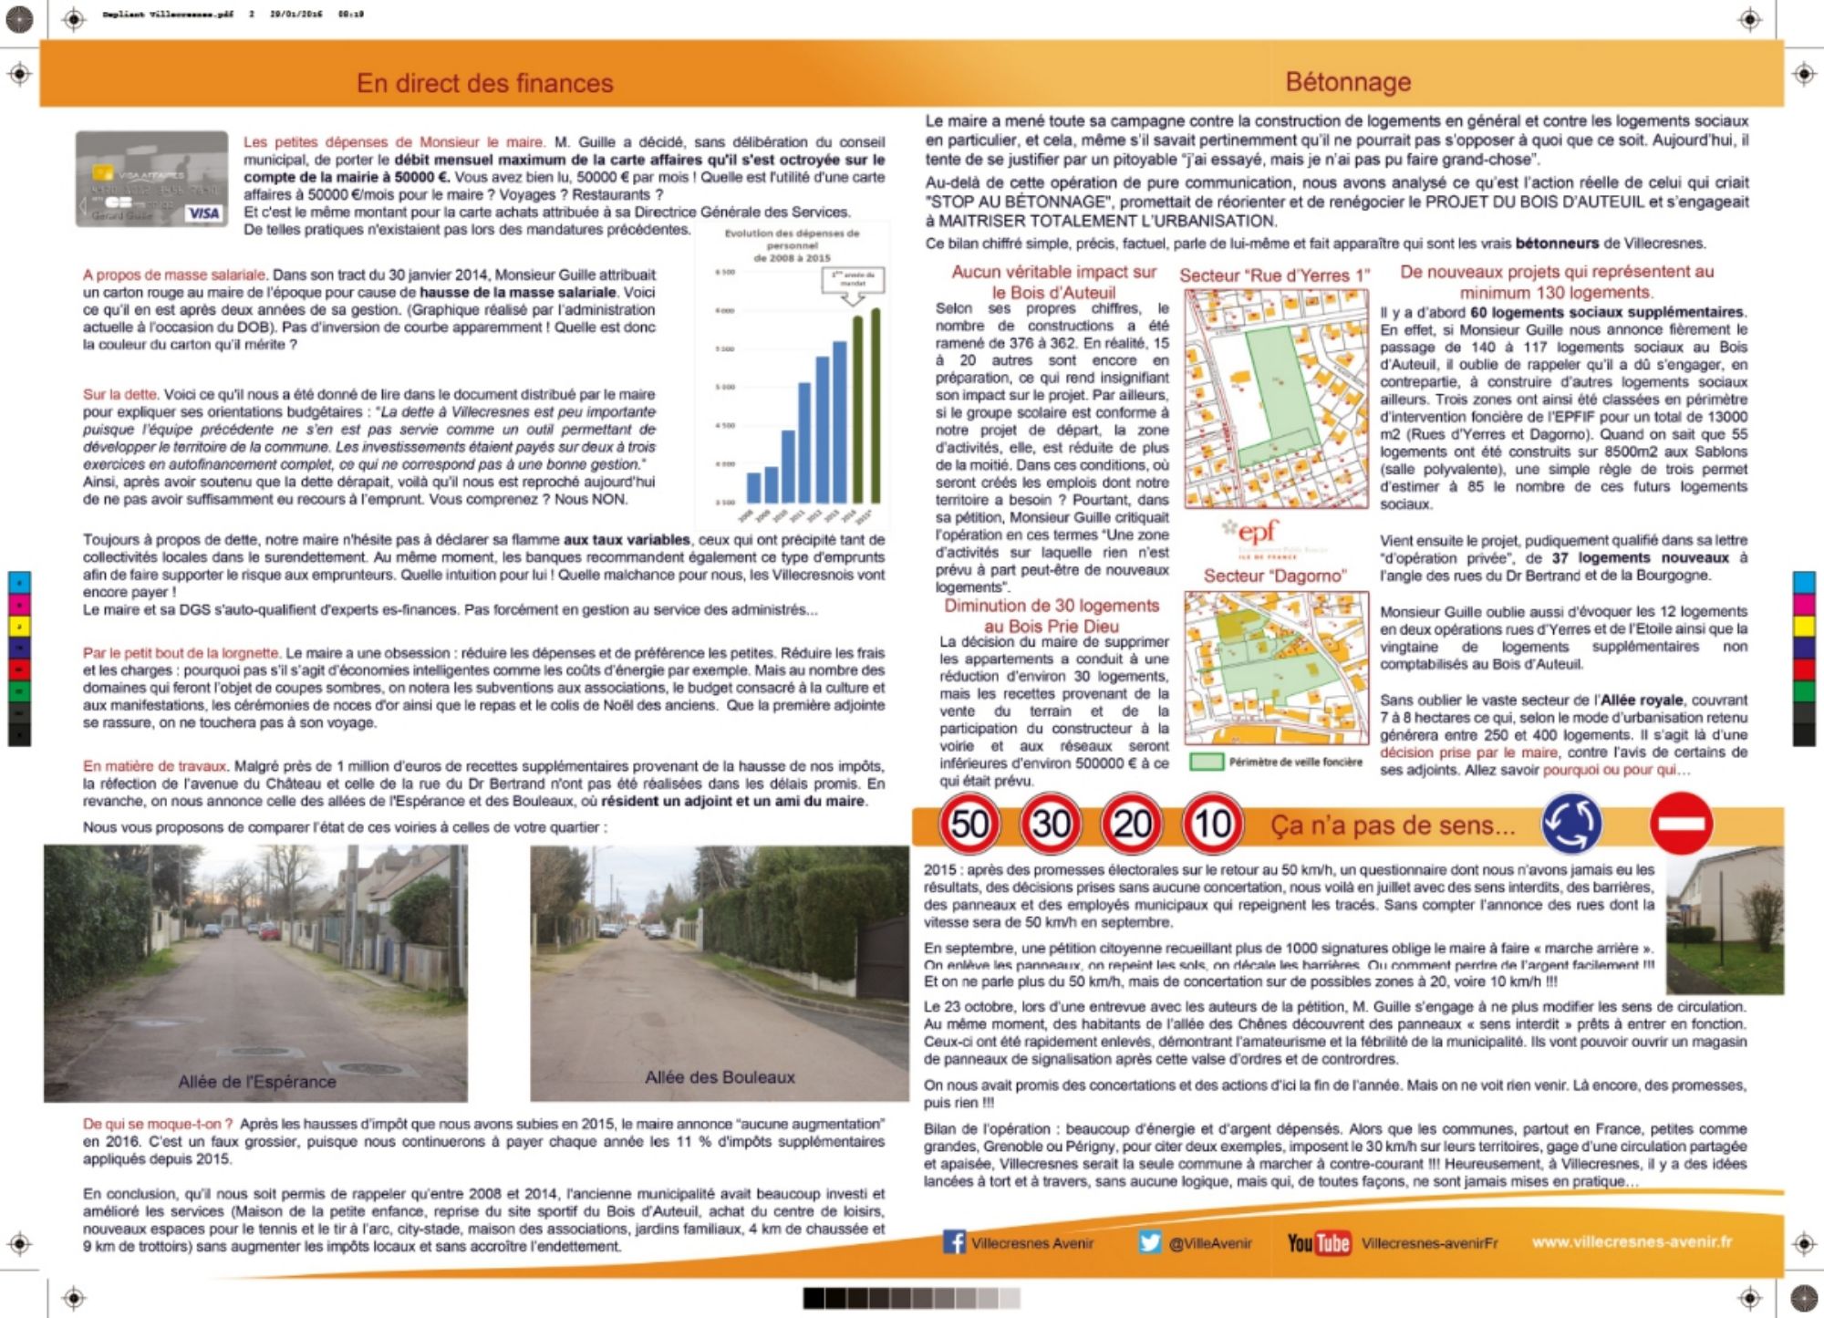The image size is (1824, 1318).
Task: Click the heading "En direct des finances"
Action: (484, 84)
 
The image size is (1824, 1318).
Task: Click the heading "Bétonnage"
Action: (1348, 82)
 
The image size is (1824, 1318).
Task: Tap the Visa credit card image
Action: (151, 179)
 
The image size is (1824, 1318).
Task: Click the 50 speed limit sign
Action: (969, 825)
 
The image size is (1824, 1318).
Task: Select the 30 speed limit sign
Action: (1051, 825)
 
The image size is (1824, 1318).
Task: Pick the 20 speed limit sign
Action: (1132, 825)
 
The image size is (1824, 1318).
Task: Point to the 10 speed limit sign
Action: (1212, 825)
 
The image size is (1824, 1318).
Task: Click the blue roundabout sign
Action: (1570, 823)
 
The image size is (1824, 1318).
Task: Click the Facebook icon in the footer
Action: (954, 1242)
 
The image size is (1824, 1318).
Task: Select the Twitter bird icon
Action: (1150, 1242)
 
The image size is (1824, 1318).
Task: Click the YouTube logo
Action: (1318, 1243)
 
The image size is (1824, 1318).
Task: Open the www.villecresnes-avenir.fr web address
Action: (1632, 1241)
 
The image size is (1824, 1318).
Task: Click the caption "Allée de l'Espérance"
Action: (257, 1082)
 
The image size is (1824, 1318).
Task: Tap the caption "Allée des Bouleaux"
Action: (720, 1077)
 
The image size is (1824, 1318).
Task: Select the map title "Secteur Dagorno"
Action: (1274, 576)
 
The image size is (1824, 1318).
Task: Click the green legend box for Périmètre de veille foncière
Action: (1206, 762)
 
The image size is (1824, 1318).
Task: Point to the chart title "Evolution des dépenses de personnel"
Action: (792, 245)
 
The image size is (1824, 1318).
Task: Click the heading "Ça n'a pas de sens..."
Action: (1393, 825)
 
